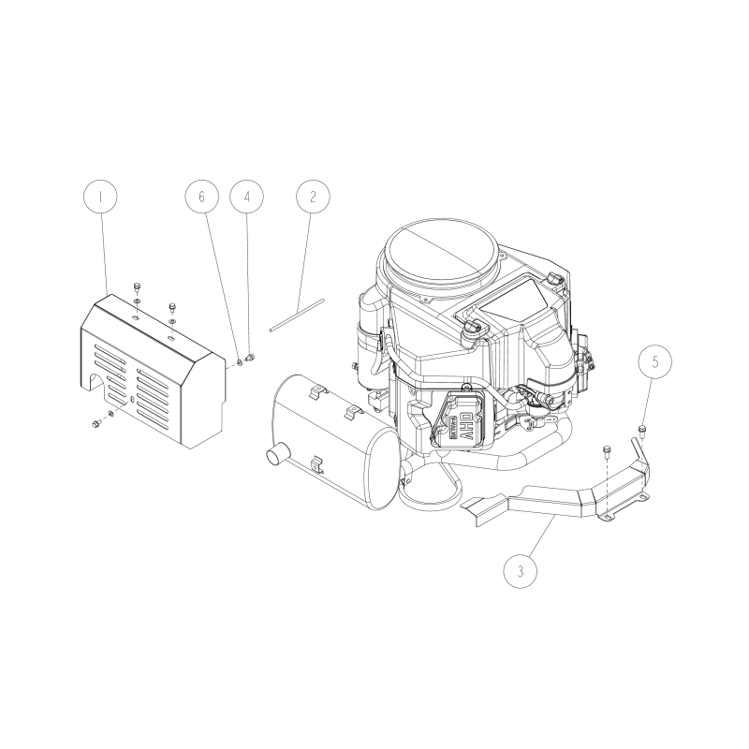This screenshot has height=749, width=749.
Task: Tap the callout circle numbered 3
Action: tap(521, 568)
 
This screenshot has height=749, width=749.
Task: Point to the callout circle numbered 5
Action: tap(655, 360)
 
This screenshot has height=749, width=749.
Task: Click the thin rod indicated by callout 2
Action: tap(296, 315)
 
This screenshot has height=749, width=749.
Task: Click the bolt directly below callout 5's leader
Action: tap(643, 430)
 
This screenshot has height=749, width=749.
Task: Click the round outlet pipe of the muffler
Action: tap(277, 456)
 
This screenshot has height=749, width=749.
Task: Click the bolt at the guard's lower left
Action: tap(96, 425)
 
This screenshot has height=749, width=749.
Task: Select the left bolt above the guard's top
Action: tap(137, 286)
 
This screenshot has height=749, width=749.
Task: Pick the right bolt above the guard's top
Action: tap(172, 307)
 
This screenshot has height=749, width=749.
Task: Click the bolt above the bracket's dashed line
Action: tap(607, 450)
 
